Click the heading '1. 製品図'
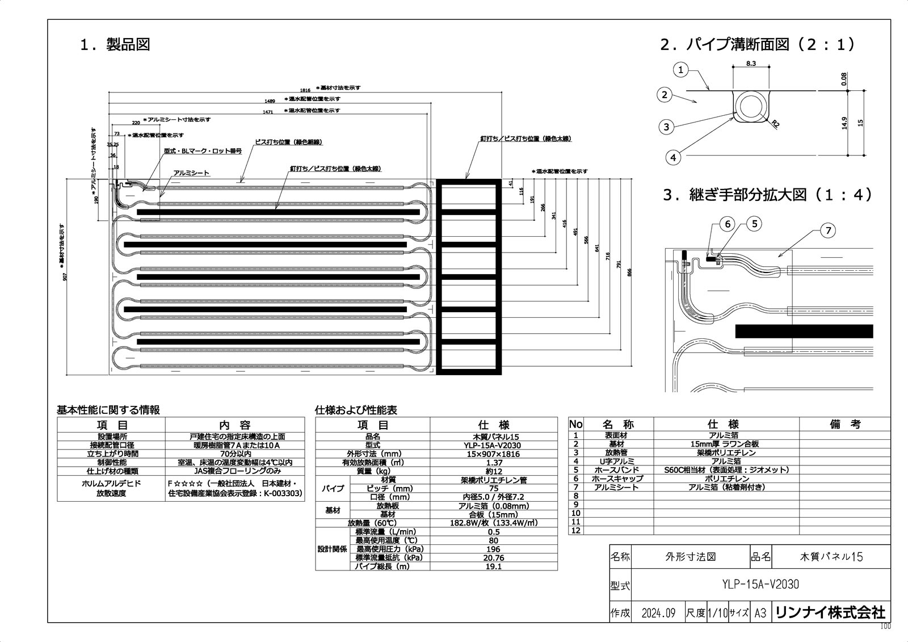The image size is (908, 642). [115, 45]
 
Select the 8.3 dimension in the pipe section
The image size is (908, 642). [750, 63]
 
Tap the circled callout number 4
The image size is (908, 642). [673, 157]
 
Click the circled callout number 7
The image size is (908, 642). [828, 230]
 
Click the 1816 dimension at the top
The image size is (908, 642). [306, 90]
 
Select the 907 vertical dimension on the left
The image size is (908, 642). [66, 277]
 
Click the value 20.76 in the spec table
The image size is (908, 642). [494, 558]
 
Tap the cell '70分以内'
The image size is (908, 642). [234, 454]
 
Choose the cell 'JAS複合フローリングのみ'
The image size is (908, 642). [234, 471]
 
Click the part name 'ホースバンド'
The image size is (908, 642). [616, 470]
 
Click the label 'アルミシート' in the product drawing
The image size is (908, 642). [191, 173]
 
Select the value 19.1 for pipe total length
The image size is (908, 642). [494, 567]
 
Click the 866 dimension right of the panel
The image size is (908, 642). [629, 272]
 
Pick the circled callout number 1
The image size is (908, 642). [682, 70]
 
